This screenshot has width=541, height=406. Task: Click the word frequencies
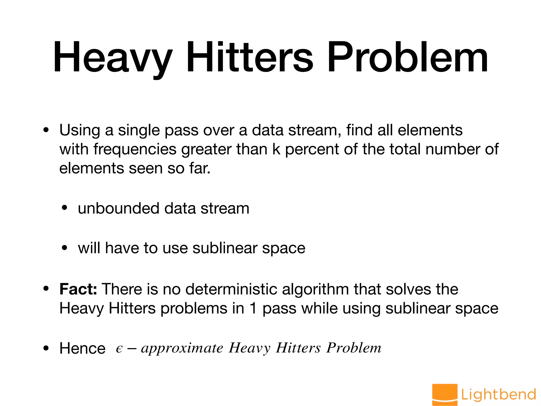pyautogui.click(x=135, y=150)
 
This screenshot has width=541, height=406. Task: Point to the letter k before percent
pyautogui.click(x=276, y=149)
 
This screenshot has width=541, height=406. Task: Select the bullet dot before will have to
pyautogui.click(x=64, y=248)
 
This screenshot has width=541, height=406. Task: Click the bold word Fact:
pyautogui.click(x=78, y=289)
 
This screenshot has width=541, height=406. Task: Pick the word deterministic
pyautogui.click(x=231, y=289)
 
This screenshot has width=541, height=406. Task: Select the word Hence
pyautogui.click(x=82, y=348)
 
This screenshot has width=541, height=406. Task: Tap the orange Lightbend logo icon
pyautogui.click(x=445, y=394)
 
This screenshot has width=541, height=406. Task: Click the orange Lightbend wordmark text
pyautogui.click(x=498, y=394)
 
